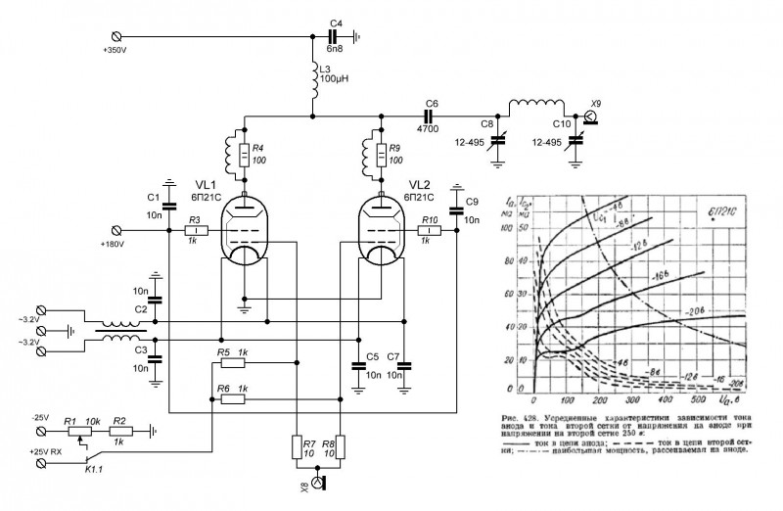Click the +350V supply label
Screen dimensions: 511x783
point(115,48)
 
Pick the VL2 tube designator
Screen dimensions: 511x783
point(419,184)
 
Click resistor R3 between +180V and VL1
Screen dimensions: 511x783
point(194,230)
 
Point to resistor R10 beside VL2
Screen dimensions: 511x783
point(428,230)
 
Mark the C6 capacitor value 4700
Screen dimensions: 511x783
point(428,127)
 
